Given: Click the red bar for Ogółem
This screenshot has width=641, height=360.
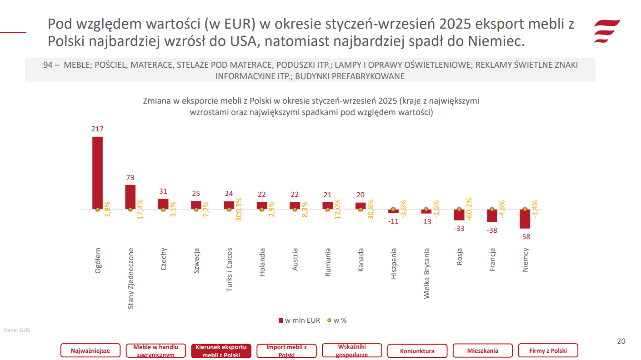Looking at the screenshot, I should point(97,173).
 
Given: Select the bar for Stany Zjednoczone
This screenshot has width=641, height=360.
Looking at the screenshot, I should point(130,197).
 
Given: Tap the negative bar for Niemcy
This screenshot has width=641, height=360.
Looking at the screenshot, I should point(525,219).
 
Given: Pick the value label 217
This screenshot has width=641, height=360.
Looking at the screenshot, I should point(97,129).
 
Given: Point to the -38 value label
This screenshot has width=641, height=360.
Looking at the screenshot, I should point(492,230).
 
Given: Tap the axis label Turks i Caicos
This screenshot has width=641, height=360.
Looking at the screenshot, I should point(230,270).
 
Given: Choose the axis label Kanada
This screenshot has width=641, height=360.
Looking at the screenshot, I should point(361,260).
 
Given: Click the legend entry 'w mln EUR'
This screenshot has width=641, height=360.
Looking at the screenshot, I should point(299,320).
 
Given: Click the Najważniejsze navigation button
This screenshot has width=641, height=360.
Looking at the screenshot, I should point(91,350).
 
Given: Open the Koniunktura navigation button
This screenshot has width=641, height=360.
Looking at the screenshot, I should point(417,351).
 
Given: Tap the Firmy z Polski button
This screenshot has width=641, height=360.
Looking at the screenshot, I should point(548,350).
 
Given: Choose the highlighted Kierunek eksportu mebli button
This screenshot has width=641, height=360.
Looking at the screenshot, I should point(221,350).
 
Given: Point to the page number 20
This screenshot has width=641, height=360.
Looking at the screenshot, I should point(621,341).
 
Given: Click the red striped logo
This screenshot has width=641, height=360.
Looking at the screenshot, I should point(607,31).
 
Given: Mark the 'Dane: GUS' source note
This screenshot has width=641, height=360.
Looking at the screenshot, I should point(17,330).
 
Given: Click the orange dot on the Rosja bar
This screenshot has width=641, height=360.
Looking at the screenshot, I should point(459,210).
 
